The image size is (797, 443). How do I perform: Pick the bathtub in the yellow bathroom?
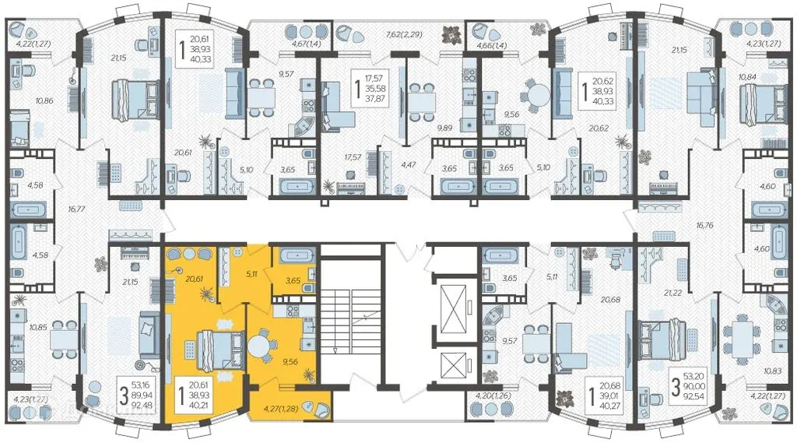click(294, 255)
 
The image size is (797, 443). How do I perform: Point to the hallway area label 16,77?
click(77, 209)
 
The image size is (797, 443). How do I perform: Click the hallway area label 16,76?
click(704, 225)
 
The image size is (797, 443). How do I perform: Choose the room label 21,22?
click(672, 293)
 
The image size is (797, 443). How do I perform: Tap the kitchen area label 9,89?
click(444, 128)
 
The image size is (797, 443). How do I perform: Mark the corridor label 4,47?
click(409, 164)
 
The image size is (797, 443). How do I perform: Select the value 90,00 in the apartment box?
click(693, 386)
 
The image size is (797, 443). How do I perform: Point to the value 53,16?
click(140, 385)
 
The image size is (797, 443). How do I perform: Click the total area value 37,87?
click(375, 99)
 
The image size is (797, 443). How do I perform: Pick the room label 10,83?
click(773, 371)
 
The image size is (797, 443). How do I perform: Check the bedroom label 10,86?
click(44, 100)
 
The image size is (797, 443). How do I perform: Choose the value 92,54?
click(693, 396)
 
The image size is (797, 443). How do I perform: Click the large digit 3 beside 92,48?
click(124, 396)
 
